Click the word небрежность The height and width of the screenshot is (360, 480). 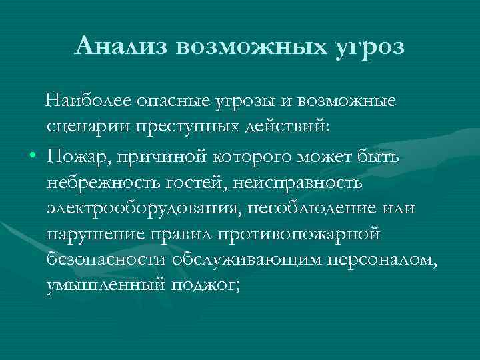click(x=107, y=182)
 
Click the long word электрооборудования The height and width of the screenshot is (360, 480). click(x=144, y=209)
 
